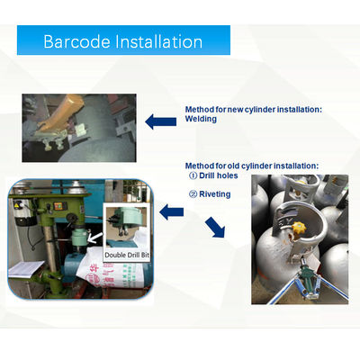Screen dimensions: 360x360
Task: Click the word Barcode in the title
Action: coord(75,41)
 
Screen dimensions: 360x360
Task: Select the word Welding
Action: coord(201,119)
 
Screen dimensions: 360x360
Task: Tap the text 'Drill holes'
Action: coord(219,176)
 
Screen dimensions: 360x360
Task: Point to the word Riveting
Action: coord(214,193)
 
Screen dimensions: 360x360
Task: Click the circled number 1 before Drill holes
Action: coord(192,176)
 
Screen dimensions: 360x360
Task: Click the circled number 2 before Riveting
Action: coord(192,193)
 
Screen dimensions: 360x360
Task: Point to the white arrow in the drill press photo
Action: coord(95,239)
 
